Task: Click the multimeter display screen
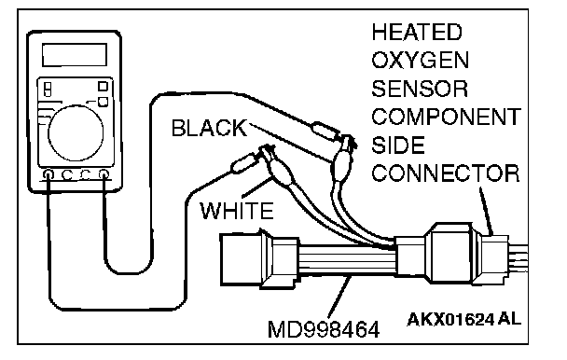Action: point(75,55)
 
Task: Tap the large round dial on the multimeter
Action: point(76,132)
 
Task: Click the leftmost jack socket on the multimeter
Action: point(48,174)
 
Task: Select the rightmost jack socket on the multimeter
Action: point(104,174)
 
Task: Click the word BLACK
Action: point(210,128)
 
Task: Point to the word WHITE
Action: point(237,211)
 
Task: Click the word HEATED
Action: point(417,32)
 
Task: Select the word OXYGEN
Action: point(421,60)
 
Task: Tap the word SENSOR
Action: point(420,89)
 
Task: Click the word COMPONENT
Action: point(446,117)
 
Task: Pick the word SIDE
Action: point(398,145)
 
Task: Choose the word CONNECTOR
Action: point(446,173)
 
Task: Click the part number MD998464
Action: point(324,329)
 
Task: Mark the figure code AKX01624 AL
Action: point(463,320)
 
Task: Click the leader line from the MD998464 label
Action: point(339,298)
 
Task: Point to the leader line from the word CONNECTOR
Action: point(486,211)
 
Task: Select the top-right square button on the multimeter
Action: point(104,87)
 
